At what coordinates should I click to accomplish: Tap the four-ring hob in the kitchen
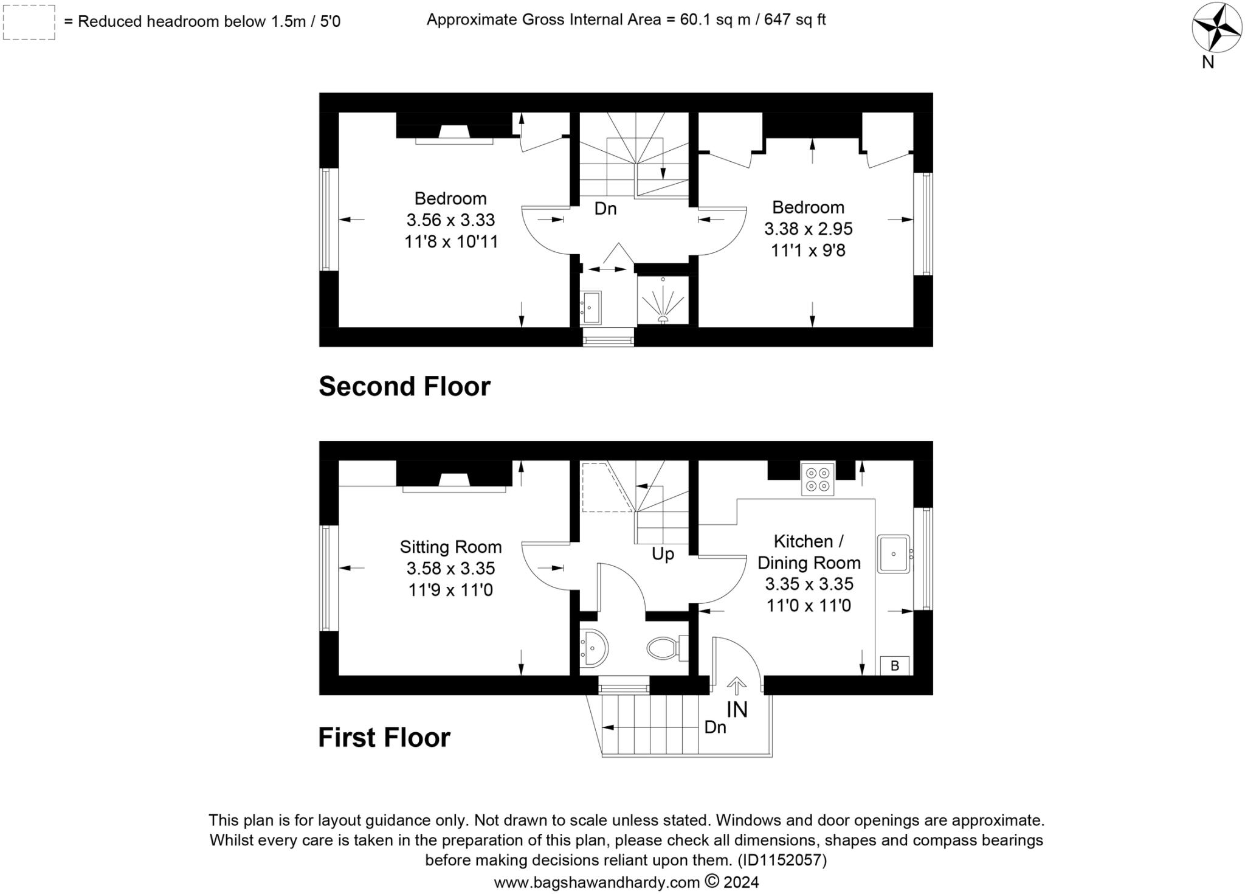coord(817,479)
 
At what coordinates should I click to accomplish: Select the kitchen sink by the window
coord(893,554)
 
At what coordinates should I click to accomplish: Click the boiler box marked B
coord(895,665)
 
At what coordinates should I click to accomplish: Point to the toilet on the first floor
coord(665,648)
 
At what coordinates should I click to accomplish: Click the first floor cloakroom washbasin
coord(592,648)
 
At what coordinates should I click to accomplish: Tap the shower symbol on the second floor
coord(663,302)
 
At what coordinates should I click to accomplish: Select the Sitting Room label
coord(450,547)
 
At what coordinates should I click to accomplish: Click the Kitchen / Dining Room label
coord(809,552)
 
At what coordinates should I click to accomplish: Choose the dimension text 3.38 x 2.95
coord(808,229)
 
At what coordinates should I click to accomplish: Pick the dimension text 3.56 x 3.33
coord(450,220)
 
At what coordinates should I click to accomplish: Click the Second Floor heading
coord(404,386)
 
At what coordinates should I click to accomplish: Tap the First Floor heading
coord(384,737)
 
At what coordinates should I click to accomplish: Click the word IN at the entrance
coord(737,710)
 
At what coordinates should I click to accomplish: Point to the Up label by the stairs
coord(663,554)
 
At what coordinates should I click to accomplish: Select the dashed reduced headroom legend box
coord(29,23)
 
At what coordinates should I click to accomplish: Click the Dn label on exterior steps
coord(715,727)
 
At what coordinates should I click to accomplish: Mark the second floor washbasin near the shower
coord(591,307)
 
